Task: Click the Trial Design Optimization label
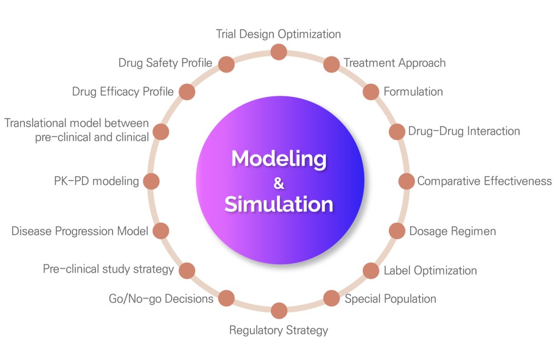point(279,34)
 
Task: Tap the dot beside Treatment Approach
point(331,64)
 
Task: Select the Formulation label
point(413,91)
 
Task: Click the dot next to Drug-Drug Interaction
point(397,132)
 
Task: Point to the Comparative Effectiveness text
point(484,181)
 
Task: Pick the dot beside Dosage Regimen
point(397,231)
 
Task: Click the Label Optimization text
point(430,271)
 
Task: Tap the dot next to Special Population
point(331,298)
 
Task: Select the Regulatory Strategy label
point(279,330)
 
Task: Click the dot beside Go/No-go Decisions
point(227,298)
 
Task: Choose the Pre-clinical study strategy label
point(109,269)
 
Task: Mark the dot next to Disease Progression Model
point(161,231)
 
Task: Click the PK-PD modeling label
point(96,181)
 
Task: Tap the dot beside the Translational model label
point(161,132)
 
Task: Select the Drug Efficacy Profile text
point(123,91)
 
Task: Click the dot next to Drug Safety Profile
point(227,64)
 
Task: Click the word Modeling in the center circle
point(279,158)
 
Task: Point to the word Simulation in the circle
point(279,204)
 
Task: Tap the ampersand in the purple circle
point(279,183)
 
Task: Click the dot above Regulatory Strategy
point(279,311)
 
